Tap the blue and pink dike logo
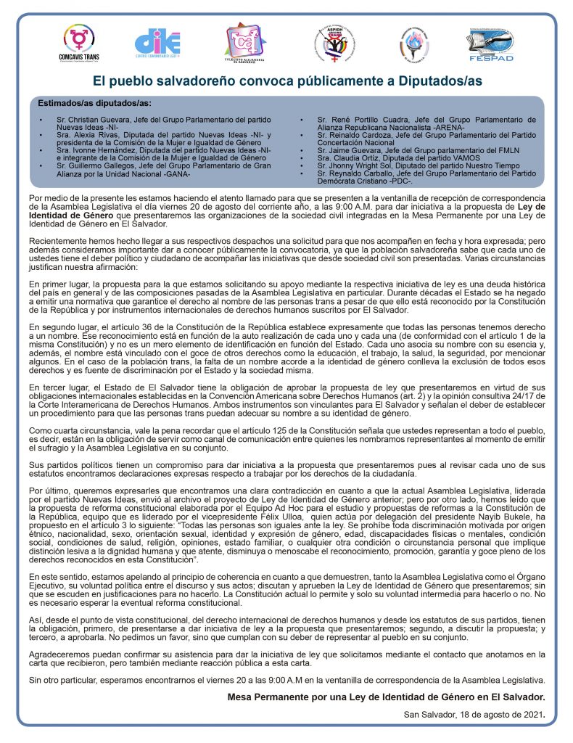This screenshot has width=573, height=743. click(157, 43)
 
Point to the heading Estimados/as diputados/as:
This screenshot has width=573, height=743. click(94, 103)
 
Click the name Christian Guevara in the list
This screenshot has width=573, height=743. click(102, 118)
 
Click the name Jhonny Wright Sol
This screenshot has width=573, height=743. click(366, 166)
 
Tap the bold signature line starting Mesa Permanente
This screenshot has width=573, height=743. click(386, 697)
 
